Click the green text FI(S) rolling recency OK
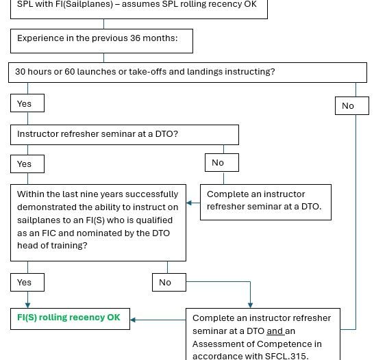(68, 318)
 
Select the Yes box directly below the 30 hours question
(27, 103)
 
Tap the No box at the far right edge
(352, 106)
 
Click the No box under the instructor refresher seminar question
(222, 162)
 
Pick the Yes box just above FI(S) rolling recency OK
(27, 283)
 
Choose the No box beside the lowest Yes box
(169, 283)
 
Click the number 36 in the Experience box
(135, 38)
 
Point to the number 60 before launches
(70, 71)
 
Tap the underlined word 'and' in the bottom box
(275, 331)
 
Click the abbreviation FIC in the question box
(49, 233)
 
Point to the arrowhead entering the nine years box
(189, 203)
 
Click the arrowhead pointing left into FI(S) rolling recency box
(133, 320)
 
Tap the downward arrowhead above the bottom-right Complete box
(251, 305)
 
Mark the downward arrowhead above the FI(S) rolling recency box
(27, 305)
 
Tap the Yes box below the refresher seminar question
(27, 164)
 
